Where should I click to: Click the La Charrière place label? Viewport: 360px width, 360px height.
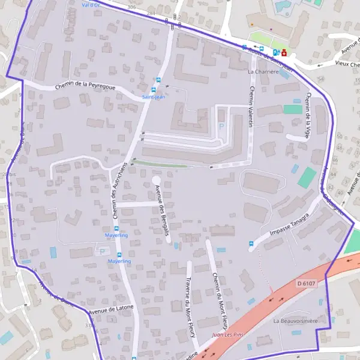coord(264,71)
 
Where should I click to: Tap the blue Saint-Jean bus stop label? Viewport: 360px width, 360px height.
coord(153,97)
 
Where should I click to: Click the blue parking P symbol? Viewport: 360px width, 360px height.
coord(221,127)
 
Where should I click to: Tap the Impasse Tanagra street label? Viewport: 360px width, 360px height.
coord(289,225)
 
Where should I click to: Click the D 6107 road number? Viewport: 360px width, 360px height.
coord(307,282)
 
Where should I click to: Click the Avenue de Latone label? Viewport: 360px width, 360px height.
coord(111,310)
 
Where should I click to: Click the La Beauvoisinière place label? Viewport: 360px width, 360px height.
coord(295,321)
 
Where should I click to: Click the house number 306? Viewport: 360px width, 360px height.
coord(131,6)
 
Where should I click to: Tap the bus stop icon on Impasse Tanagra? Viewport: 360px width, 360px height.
coord(251,244)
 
